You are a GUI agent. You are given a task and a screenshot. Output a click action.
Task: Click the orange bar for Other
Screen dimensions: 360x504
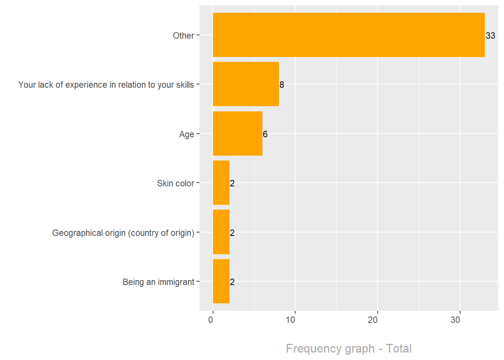coord(349,35)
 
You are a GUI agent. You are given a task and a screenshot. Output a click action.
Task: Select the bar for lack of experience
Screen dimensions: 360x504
coord(246,84)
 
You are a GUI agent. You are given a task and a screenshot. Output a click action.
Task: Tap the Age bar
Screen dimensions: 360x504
coord(237,133)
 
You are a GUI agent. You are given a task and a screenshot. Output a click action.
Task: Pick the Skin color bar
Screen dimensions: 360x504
coord(221,183)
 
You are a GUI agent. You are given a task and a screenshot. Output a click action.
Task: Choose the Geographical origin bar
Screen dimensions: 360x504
coord(221,232)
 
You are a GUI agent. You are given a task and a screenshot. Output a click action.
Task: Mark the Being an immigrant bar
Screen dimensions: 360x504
coord(221,281)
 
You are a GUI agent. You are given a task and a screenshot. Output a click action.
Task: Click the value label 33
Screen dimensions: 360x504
coord(490,36)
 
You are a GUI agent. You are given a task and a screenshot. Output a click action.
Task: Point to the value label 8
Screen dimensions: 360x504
coord(282,85)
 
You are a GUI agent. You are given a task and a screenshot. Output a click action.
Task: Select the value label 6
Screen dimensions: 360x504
coord(265,134)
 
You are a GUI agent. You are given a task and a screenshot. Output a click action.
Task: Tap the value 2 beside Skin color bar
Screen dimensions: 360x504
coord(232,183)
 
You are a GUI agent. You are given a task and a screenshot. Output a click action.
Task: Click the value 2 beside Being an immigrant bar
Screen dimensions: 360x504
coord(232,282)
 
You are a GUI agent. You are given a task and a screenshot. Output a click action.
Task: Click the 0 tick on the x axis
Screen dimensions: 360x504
coord(211,320)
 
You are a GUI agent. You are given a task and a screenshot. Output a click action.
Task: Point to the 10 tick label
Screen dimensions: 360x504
coord(291,320)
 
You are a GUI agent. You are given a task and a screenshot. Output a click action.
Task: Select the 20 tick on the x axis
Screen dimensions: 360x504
coord(373,320)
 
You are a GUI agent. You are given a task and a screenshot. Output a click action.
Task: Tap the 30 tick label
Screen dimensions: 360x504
coord(455,320)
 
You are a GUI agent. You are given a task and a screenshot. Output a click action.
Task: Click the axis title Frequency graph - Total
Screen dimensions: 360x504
coord(349,348)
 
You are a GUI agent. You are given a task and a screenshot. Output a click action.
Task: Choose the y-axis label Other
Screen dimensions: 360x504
coord(183,36)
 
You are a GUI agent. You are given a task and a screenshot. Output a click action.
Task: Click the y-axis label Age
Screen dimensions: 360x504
coord(186,134)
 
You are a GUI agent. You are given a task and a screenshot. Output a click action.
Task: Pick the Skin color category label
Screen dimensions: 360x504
coord(175,183)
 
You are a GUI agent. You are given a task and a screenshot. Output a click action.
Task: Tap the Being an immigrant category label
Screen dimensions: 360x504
coord(158,282)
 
